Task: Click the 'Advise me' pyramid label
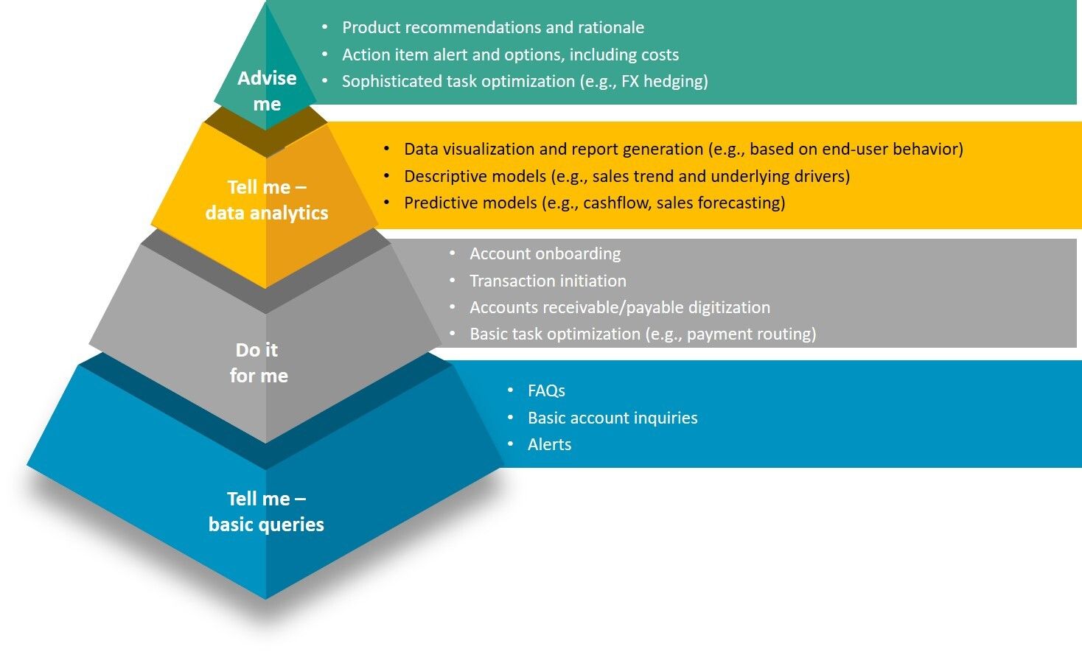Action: pos(267,91)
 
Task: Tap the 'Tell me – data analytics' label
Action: pos(267,200)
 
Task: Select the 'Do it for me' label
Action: pos(259,362)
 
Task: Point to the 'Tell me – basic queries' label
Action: pos(266,511)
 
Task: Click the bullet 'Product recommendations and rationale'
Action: pos(492,28)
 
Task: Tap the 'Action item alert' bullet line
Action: pos(510,55)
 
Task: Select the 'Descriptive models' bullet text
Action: pos(626,176)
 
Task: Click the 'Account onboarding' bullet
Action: pos(545,253)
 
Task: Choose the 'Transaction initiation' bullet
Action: pos(548,281)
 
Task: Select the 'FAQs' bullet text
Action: pos(546,390)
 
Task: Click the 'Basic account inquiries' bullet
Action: pos(612,418)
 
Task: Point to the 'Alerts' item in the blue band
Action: pos(549,444)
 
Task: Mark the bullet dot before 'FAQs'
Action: pos(511,390)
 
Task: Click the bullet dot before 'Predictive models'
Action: pos(387,202)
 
